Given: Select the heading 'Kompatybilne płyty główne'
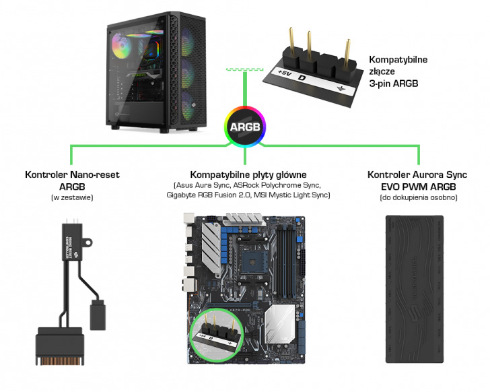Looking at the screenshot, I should point(248,174).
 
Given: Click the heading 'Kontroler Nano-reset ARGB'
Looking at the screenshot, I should point(72,180).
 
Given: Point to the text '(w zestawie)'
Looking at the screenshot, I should point(72,197).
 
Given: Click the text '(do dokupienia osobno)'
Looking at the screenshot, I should point(413,197).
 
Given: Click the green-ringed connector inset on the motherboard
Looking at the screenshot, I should point(216,335).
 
